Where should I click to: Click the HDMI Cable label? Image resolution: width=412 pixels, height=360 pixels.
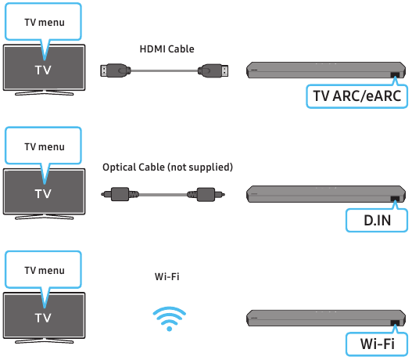(167, 49)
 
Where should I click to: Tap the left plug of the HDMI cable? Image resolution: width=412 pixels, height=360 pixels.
(116, 70)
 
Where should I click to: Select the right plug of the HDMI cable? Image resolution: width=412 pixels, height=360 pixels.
(213, 70)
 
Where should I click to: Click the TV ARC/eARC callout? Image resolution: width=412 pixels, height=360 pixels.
(357, 95)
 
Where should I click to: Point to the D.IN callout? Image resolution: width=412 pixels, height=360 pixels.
(377, 220)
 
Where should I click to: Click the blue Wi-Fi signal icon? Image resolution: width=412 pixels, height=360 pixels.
(170, 319)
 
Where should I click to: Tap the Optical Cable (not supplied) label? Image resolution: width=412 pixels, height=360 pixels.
(167, 167)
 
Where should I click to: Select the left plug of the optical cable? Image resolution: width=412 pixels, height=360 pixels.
(120, 194)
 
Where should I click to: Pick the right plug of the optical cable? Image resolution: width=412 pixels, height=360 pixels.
(206, 194)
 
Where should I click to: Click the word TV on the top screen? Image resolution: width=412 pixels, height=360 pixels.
(43, 70)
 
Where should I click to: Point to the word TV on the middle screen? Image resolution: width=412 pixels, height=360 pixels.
(43, 194)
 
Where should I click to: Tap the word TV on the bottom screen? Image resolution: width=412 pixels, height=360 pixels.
(43, 318)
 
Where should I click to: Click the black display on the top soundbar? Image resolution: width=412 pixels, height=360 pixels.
(395, 75)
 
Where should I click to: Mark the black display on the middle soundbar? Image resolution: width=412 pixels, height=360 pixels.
(395, 199)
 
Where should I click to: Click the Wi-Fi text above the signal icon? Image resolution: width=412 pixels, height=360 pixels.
(167, 276)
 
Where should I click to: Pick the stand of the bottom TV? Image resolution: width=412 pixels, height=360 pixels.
(44, 341)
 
